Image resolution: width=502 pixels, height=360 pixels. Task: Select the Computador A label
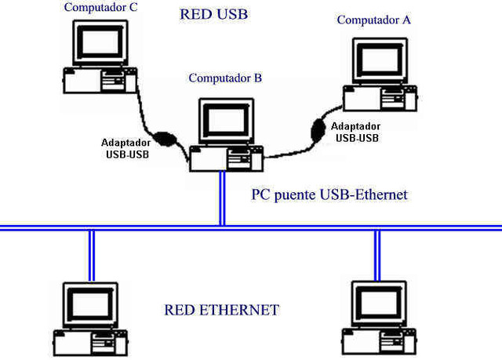click(373, 20)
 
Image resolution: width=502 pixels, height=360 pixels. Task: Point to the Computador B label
click(231, 78)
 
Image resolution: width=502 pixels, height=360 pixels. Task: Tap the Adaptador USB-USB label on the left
click(126, 148)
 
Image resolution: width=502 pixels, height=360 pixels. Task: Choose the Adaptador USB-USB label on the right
click(356, 132)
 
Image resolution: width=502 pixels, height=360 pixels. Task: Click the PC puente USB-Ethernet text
click(329, 194)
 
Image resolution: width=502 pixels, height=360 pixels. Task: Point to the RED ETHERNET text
click(222, 310)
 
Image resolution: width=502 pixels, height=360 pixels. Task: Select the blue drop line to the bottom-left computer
click(91, 254)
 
